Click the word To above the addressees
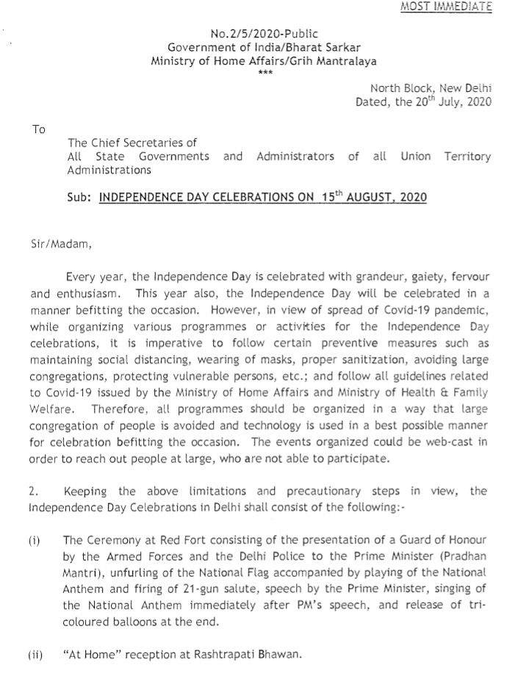pos(39,129)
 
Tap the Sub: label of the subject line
pos(79,198)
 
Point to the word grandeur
pos(344,277)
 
